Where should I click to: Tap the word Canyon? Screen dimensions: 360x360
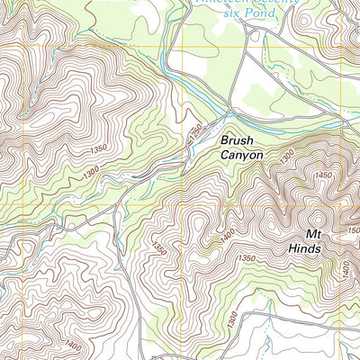242,156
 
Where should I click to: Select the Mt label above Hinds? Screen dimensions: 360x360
299,232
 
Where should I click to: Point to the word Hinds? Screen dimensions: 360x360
304,247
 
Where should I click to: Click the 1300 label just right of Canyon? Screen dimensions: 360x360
286,157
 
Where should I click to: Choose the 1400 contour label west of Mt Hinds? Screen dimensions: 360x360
224,235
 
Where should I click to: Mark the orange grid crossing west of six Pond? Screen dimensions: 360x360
183,45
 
